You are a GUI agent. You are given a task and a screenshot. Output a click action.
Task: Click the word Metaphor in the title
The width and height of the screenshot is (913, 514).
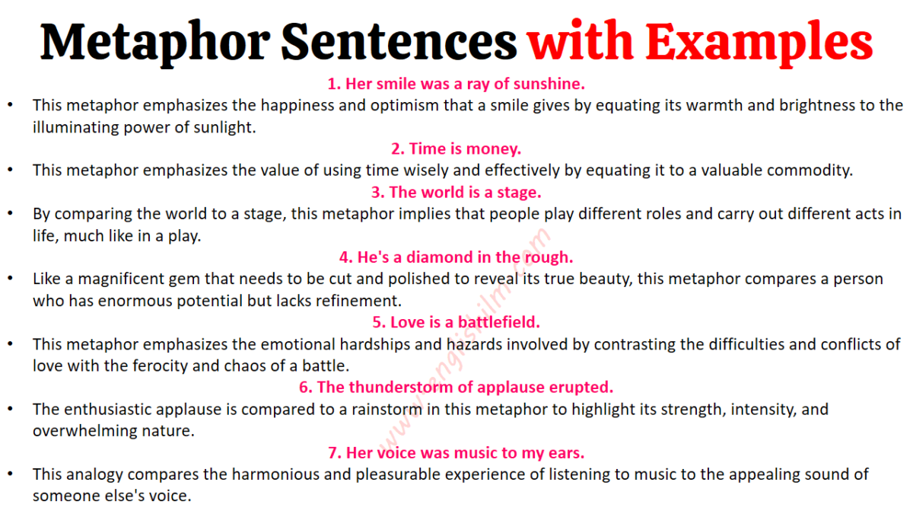pos(155,43)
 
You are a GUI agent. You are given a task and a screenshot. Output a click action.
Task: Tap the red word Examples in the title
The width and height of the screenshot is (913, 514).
pos(759,43)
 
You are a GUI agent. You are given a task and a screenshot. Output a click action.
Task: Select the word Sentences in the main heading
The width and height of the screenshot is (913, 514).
pos(399,41)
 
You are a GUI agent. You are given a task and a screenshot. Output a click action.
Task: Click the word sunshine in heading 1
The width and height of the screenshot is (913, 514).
pos(549,84)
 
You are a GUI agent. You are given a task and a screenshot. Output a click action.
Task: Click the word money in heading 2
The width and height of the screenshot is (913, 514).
pos(494,149)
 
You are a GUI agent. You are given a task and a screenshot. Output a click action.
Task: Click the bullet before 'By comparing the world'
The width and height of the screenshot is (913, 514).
pos(10,213)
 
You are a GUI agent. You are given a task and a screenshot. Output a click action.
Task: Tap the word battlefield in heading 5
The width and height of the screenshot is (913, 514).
pos(499,322)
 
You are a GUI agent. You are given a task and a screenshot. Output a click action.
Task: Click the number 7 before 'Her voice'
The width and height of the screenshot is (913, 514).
pos(332,453)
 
